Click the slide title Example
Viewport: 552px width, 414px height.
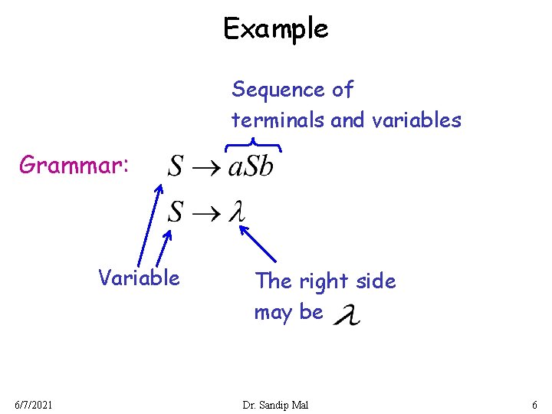tap(275, 28)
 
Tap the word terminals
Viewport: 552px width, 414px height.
tap(279, 120)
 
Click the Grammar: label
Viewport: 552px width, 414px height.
tap(75, 165)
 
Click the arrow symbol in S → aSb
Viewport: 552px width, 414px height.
tap(205, 167)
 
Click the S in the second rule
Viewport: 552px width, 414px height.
tap(176, 212)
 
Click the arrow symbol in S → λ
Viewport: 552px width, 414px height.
tap(205, 214)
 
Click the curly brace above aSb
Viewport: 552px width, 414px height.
tap(253, 143)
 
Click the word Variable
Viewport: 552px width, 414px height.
tap(139, 278)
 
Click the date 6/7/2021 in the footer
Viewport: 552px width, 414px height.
tap(32, 404)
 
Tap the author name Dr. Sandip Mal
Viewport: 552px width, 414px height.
tap(274, 404)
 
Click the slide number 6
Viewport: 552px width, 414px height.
tap(534, 404)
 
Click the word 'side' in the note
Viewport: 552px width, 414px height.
tap(376, 281)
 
